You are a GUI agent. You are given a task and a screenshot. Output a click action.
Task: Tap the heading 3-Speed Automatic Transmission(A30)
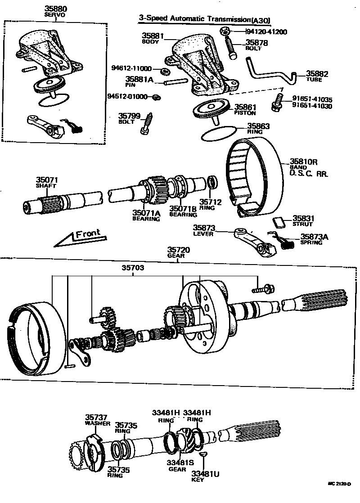tap(207, 19)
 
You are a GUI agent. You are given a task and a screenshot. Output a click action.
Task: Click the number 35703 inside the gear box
tap(133, 268)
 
